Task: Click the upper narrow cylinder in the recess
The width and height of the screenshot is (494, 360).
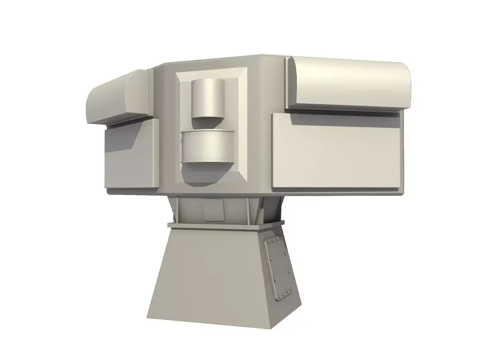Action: click(208, 99)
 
